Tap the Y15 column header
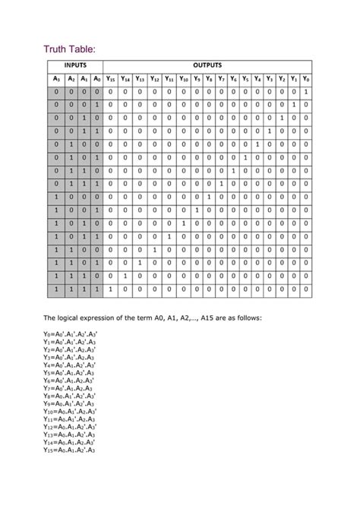[x=111, y=79]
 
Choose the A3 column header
[x=55, y=79]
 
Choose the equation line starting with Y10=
[x=70, y=412]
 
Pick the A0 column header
[x=96, y=79]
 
